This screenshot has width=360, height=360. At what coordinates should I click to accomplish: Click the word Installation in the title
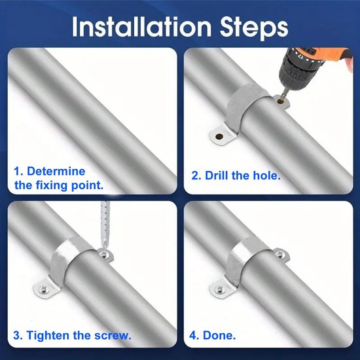[x=141, y=26]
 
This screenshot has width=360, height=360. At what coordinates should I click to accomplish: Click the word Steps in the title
[x=254, y=27]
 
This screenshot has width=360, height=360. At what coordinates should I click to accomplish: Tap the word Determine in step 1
[x=56, y=171]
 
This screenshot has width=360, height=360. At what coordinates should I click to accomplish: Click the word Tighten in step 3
[x=48, y=335]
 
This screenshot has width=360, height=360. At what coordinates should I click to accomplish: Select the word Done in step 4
[x=219, y=335]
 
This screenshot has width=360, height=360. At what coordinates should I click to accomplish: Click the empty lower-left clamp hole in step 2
[x=219, y=137]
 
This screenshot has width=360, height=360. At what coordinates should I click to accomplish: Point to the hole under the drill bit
[x=280, y=101]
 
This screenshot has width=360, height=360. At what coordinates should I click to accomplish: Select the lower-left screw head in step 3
[x=43, y=291]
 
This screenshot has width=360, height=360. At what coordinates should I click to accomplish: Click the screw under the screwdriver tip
[x=105, y=254]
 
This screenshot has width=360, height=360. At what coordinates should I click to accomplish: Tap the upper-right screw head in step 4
[x=281, y=254]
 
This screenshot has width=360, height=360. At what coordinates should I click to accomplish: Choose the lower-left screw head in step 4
[x=219, y=291]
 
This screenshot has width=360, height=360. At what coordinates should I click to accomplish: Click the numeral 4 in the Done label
[x=192, y=335]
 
